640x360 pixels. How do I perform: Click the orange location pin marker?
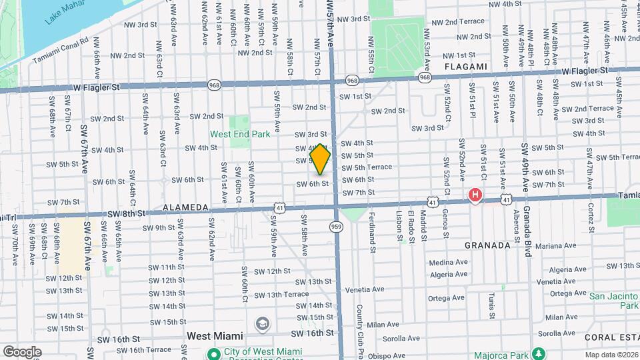[321, 159]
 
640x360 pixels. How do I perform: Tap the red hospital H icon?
[475, 195]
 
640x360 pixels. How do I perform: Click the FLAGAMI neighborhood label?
[466, 67]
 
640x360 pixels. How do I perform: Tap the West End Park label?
[240, 134]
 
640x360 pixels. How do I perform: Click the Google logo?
[22, 352]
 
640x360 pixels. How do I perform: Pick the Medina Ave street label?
[448, 262]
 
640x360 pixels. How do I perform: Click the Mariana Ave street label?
[555, 245]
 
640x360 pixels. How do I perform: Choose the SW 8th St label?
[126, 214]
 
